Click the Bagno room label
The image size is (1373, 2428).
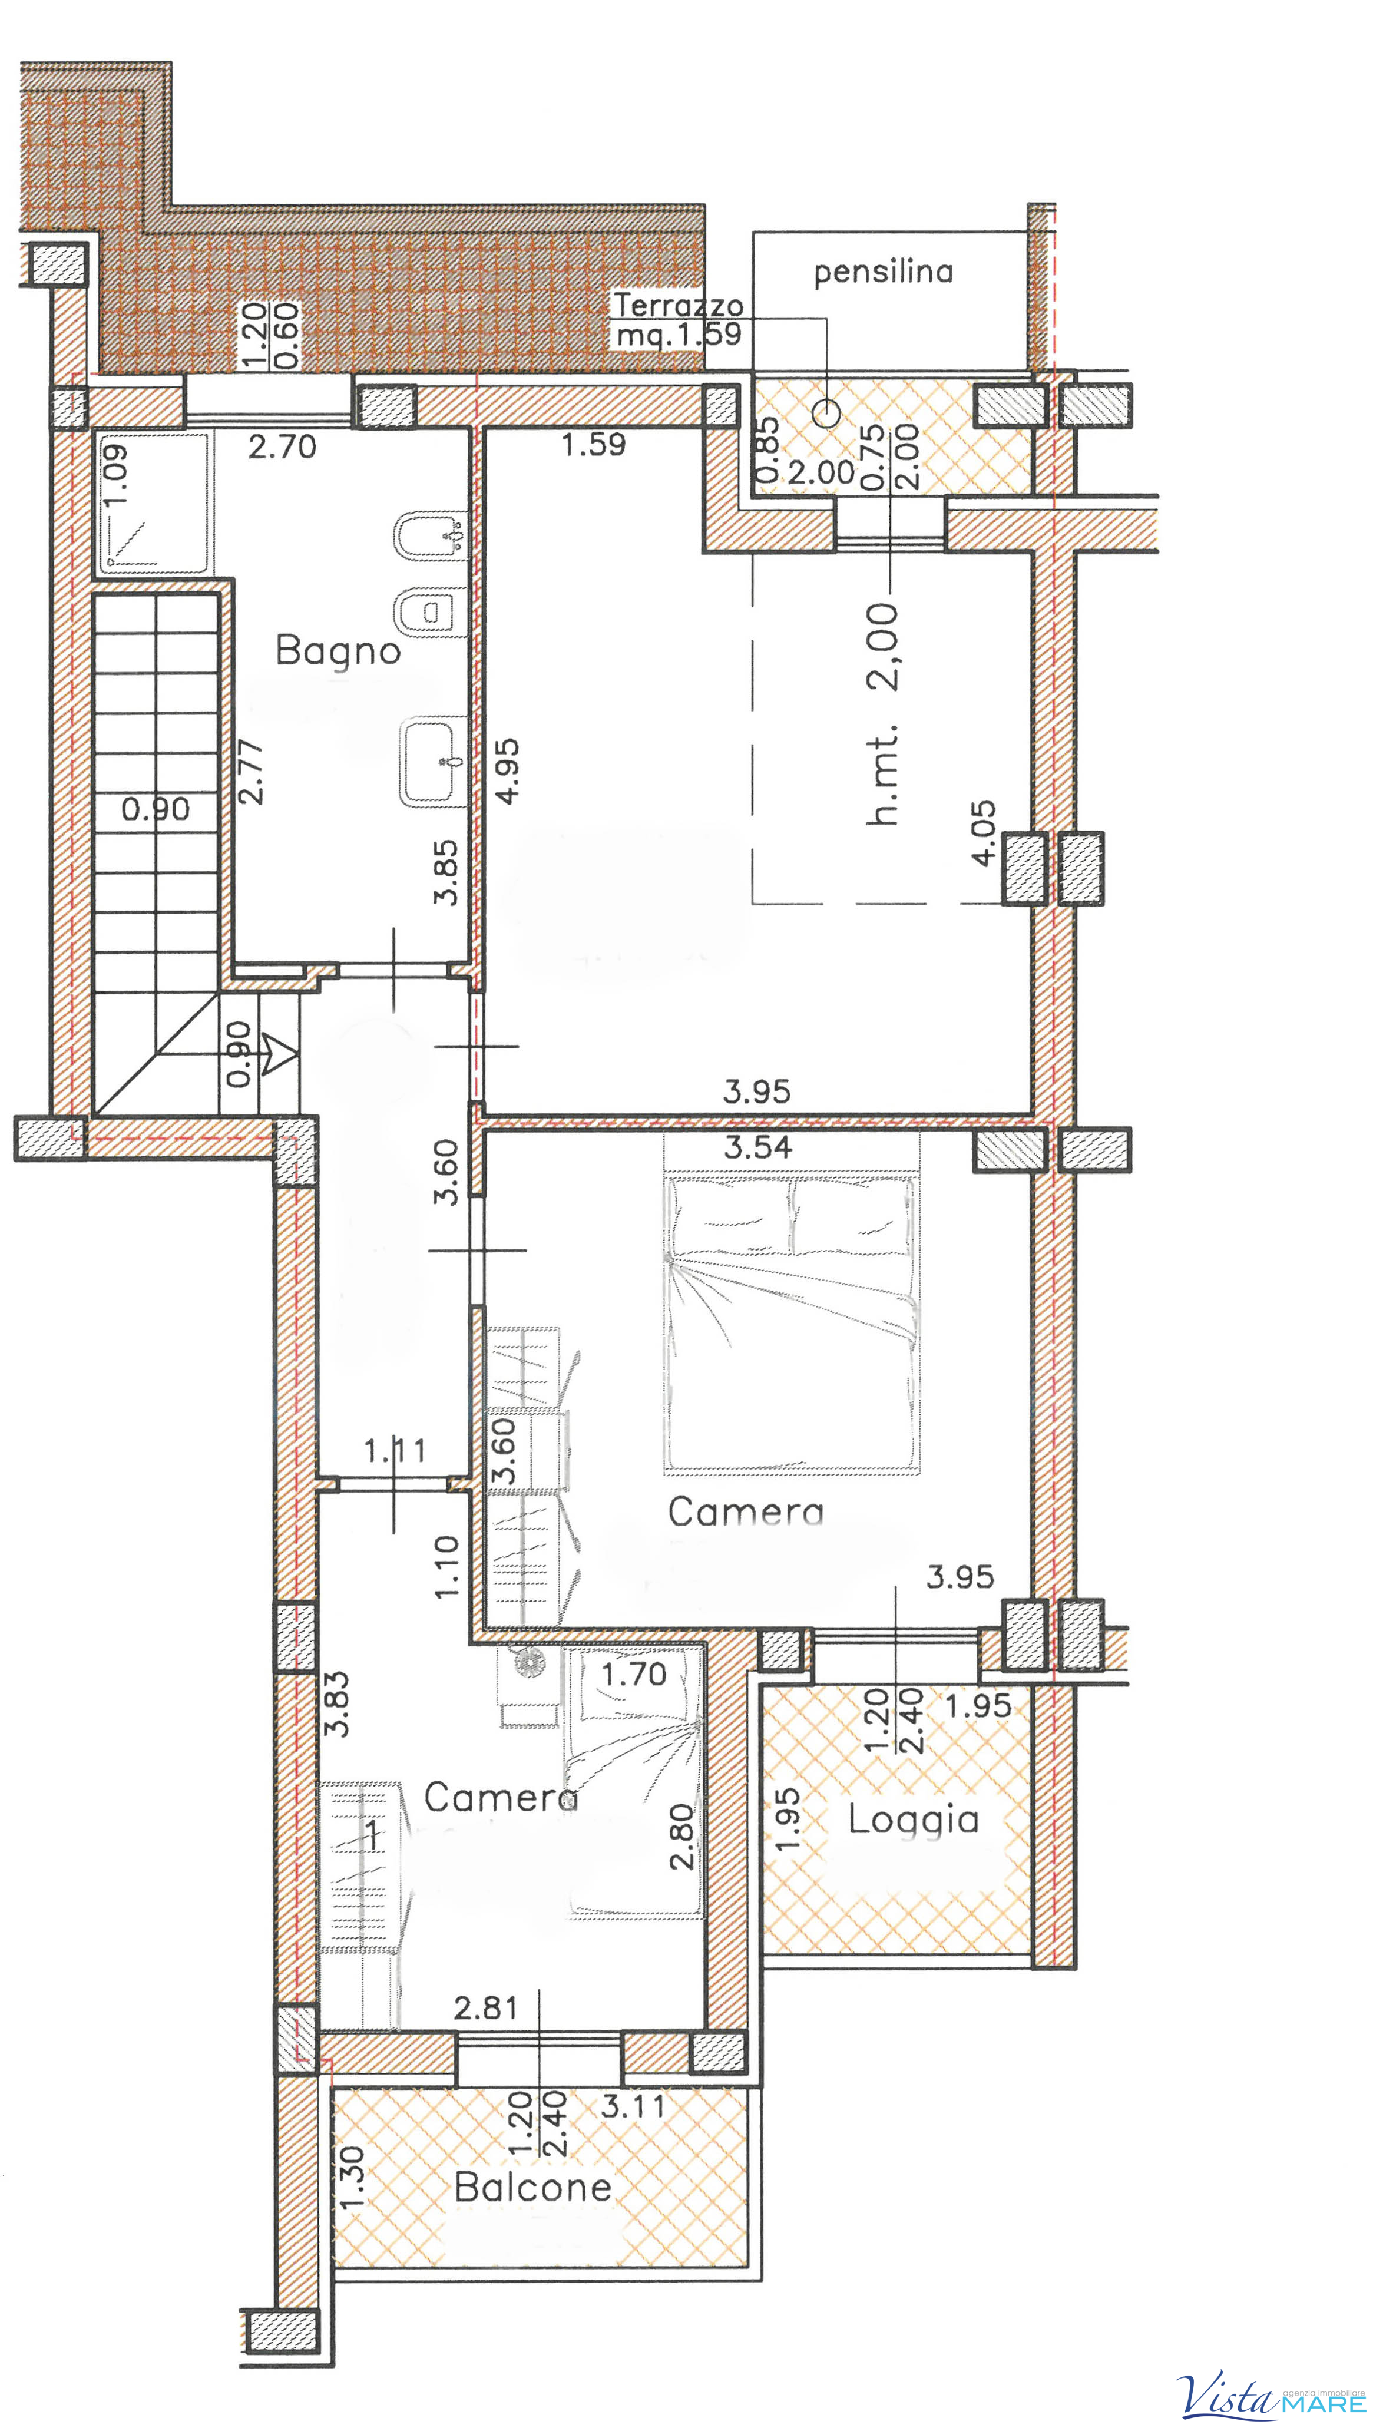pyautogui.click(x=338, y=651)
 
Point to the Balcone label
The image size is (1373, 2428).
pyautogui.click(x=533, y=2186)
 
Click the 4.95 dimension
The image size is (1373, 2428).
pyautogui.click(x=507, y=770)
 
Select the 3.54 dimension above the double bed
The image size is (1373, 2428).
pyautogui.click(x=758, y=1147)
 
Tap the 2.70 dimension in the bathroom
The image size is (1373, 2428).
pyautogui.click(x=282, y=446)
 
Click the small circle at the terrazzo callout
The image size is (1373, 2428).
pyautogui.click(x=826, y=412)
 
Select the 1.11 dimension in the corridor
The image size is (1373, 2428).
pyautogui.click(x=395, y=1450)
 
